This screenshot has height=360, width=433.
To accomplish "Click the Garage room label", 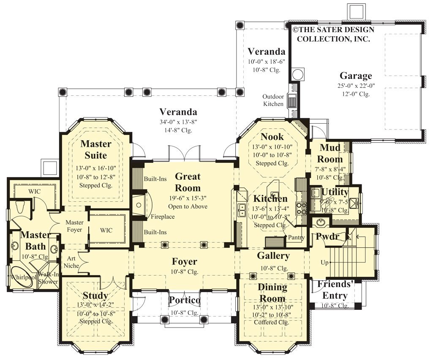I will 356,76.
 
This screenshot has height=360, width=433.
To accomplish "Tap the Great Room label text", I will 188,182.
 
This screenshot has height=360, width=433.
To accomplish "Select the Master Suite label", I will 96,149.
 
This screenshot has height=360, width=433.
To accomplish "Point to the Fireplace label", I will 163,217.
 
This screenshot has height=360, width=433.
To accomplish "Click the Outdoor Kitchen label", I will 273,100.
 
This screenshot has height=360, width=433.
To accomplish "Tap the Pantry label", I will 296,238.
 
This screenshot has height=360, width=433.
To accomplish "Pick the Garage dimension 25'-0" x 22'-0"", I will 356,86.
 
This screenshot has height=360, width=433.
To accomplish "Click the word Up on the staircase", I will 324,263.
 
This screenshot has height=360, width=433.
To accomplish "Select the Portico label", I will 185,300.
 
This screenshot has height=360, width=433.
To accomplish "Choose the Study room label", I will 95,295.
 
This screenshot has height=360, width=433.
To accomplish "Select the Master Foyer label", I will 74,226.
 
